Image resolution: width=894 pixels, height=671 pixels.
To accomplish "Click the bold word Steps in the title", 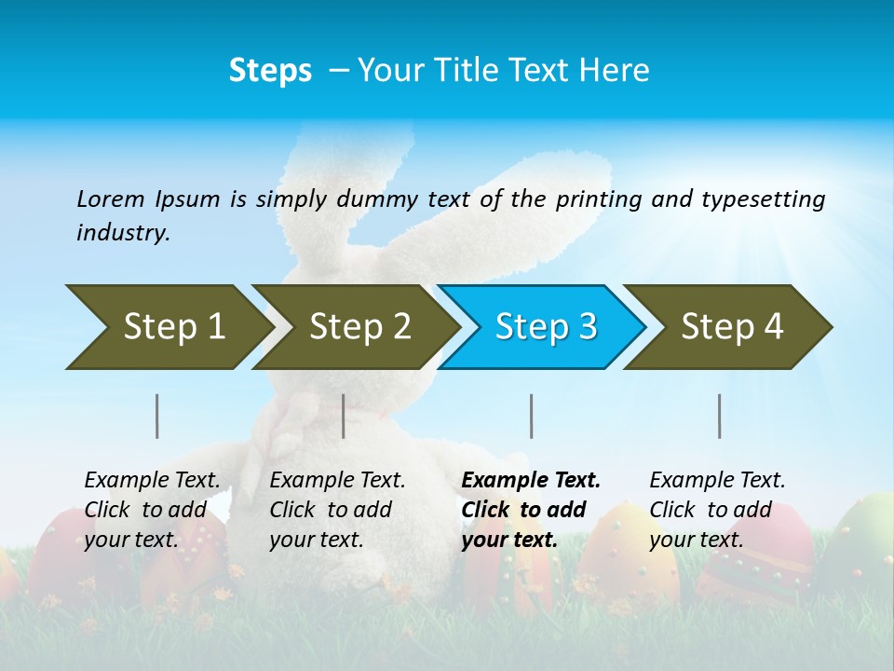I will pos(270,71).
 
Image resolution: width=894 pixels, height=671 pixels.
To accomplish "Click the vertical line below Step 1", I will pos(156,416).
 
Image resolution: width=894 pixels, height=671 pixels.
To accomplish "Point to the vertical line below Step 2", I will pos(344,416).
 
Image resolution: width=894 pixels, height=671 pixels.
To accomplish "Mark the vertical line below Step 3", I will pos(531,416).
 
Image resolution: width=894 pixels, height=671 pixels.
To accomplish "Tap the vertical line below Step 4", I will pos(719,416).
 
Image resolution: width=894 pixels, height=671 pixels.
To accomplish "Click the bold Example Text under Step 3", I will pos(531,481).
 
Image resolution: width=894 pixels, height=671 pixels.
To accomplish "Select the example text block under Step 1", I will pos(152,510).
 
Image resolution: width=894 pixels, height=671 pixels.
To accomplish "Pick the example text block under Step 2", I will pos(337,510).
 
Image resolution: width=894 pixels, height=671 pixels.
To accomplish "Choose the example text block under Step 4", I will pos(717,510).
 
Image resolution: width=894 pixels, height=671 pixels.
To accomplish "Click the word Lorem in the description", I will pos(111,199).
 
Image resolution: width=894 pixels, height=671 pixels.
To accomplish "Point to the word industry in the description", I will pos(123,232).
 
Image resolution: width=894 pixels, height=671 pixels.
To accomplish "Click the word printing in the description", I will pos(598,199).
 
